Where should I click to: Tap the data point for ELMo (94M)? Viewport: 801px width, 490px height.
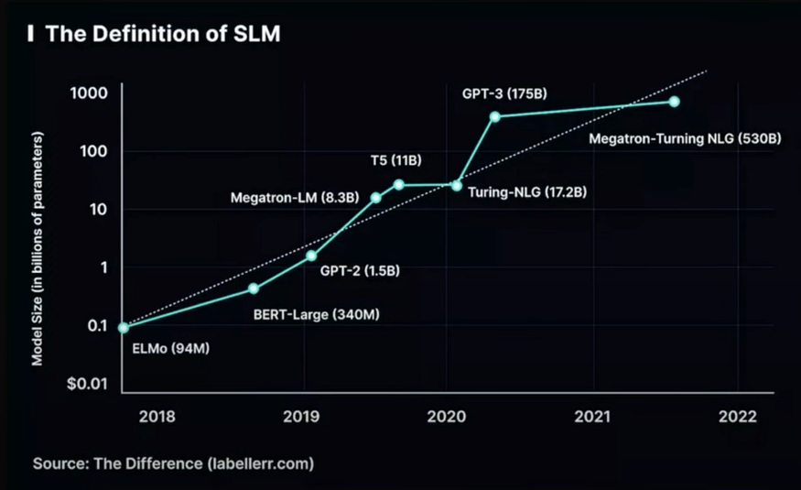tap(124, 327)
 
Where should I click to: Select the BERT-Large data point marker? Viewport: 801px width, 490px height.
tap(254, 289)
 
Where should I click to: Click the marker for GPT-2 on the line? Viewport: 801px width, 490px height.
tap(311, 256)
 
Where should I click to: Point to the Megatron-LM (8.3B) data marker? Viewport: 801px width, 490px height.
tap(375, 198)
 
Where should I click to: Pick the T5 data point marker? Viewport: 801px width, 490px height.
tap(399, 185)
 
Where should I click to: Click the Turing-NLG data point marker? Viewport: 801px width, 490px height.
tap(457, 185)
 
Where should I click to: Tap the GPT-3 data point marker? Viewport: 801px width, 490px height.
tap(495, 116)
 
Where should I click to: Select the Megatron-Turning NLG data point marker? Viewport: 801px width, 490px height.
tap(674, 102)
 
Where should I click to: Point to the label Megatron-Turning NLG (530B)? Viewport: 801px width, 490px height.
tap(685, 139)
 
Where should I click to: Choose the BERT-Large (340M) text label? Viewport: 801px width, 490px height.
tap(315, 315)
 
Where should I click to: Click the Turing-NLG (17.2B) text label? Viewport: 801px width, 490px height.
tap(526, 193)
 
